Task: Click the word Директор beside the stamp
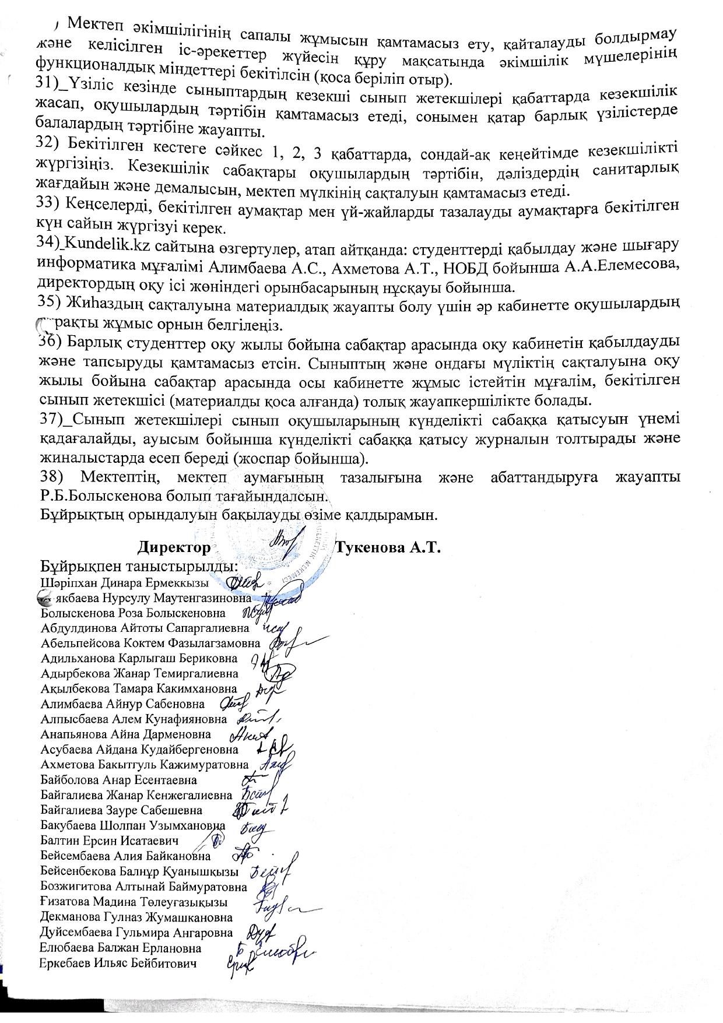174,549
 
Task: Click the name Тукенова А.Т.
387,549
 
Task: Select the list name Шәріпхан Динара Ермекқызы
125,583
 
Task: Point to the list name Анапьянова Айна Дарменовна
126,734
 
